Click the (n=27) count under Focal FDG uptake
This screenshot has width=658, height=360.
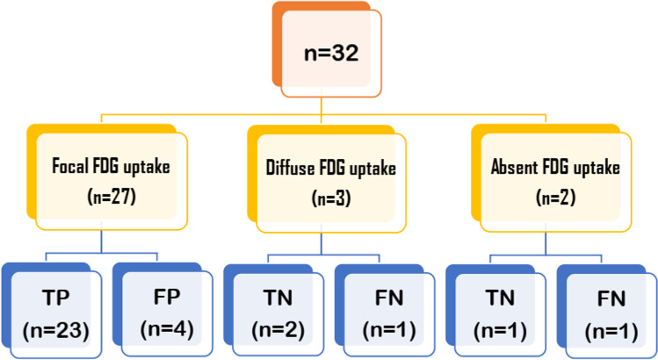[x=111, y=198]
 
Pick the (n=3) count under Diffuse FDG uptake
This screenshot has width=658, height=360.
[x=330, y=199]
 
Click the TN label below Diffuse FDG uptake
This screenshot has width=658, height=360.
[x=274, y=299]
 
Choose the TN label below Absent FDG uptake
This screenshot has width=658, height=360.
[x=497, y=299]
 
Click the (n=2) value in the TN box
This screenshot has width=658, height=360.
[x=274, y=332]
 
